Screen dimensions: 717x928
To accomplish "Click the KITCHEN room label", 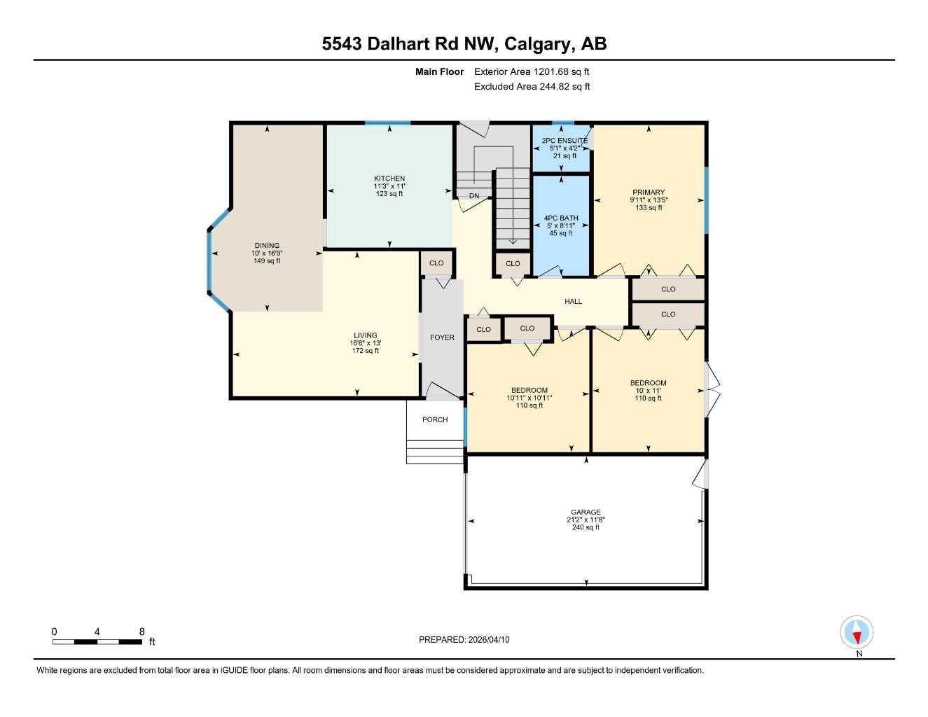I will coord(389,179).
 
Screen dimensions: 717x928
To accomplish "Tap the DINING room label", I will coord(267,246).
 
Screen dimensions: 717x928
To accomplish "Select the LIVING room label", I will coord(365,335).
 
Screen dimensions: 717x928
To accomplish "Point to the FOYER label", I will coord(442,337).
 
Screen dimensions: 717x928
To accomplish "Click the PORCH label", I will coord(435,419).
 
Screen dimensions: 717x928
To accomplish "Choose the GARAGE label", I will coord(586,513).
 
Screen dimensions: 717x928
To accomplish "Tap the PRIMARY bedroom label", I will coord(649,193).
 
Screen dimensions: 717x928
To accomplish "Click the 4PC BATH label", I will coord(561,218).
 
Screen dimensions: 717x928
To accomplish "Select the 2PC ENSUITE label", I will coord(565,141).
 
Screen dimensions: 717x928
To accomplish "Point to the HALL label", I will coord(573,302).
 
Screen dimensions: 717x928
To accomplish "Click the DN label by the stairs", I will coord(474,196).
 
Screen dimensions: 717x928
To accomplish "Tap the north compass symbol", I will coord(857,633).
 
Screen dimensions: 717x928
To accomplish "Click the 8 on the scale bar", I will coord(141,632).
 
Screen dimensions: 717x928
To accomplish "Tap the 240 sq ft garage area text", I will coord(586,527).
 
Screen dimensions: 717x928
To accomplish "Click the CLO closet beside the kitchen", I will coord(436,263).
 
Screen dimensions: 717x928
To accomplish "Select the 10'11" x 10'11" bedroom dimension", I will coord(529,398).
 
